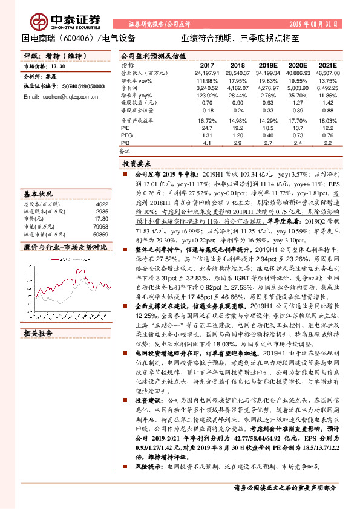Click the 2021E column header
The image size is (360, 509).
pos(327,65)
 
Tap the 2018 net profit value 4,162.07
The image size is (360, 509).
pos(237,88)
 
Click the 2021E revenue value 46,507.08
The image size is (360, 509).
pos(327,73)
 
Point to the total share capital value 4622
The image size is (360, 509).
pos(102,205)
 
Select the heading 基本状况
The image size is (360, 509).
pos(38,195)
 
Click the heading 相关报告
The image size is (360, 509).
pos(38,334)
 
